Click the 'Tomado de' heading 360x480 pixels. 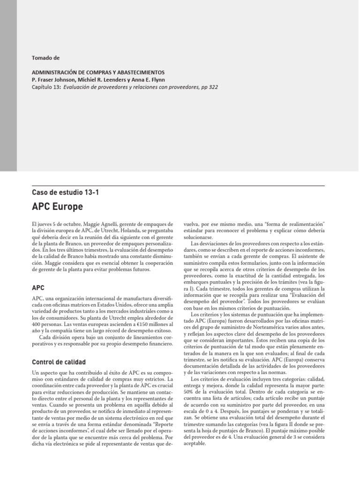[45, 58]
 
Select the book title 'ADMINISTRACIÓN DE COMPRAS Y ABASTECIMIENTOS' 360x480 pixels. [98, 73]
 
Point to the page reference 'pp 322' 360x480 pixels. [210, 87]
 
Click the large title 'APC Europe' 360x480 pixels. [57, 206]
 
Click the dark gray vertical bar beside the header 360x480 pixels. [8, 84]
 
